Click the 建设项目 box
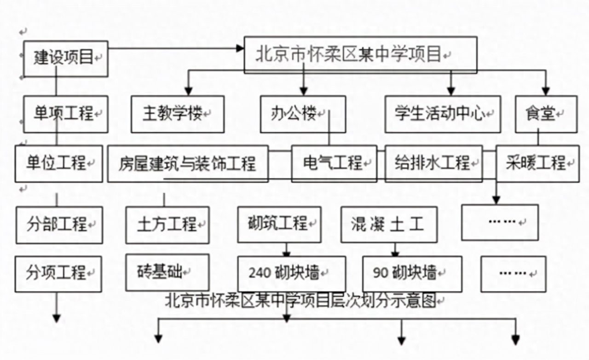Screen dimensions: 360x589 [65, 58]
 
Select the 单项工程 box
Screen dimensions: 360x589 [65, 114]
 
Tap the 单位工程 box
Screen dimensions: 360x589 [58, 163]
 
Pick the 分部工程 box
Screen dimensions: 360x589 [59, 225]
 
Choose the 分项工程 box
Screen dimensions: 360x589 [58, 273]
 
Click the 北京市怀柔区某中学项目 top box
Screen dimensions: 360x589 [360, 55]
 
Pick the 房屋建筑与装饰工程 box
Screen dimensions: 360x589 [188, 163]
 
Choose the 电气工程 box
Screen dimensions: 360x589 [334, 163]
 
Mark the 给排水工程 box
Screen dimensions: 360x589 [433, 163]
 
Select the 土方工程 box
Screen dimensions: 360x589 [167, 225]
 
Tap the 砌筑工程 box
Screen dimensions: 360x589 [279, 224]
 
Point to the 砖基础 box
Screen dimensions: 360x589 [167, 272]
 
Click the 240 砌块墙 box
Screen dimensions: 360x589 [291, 273]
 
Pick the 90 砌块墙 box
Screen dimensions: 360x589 [411, 274]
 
